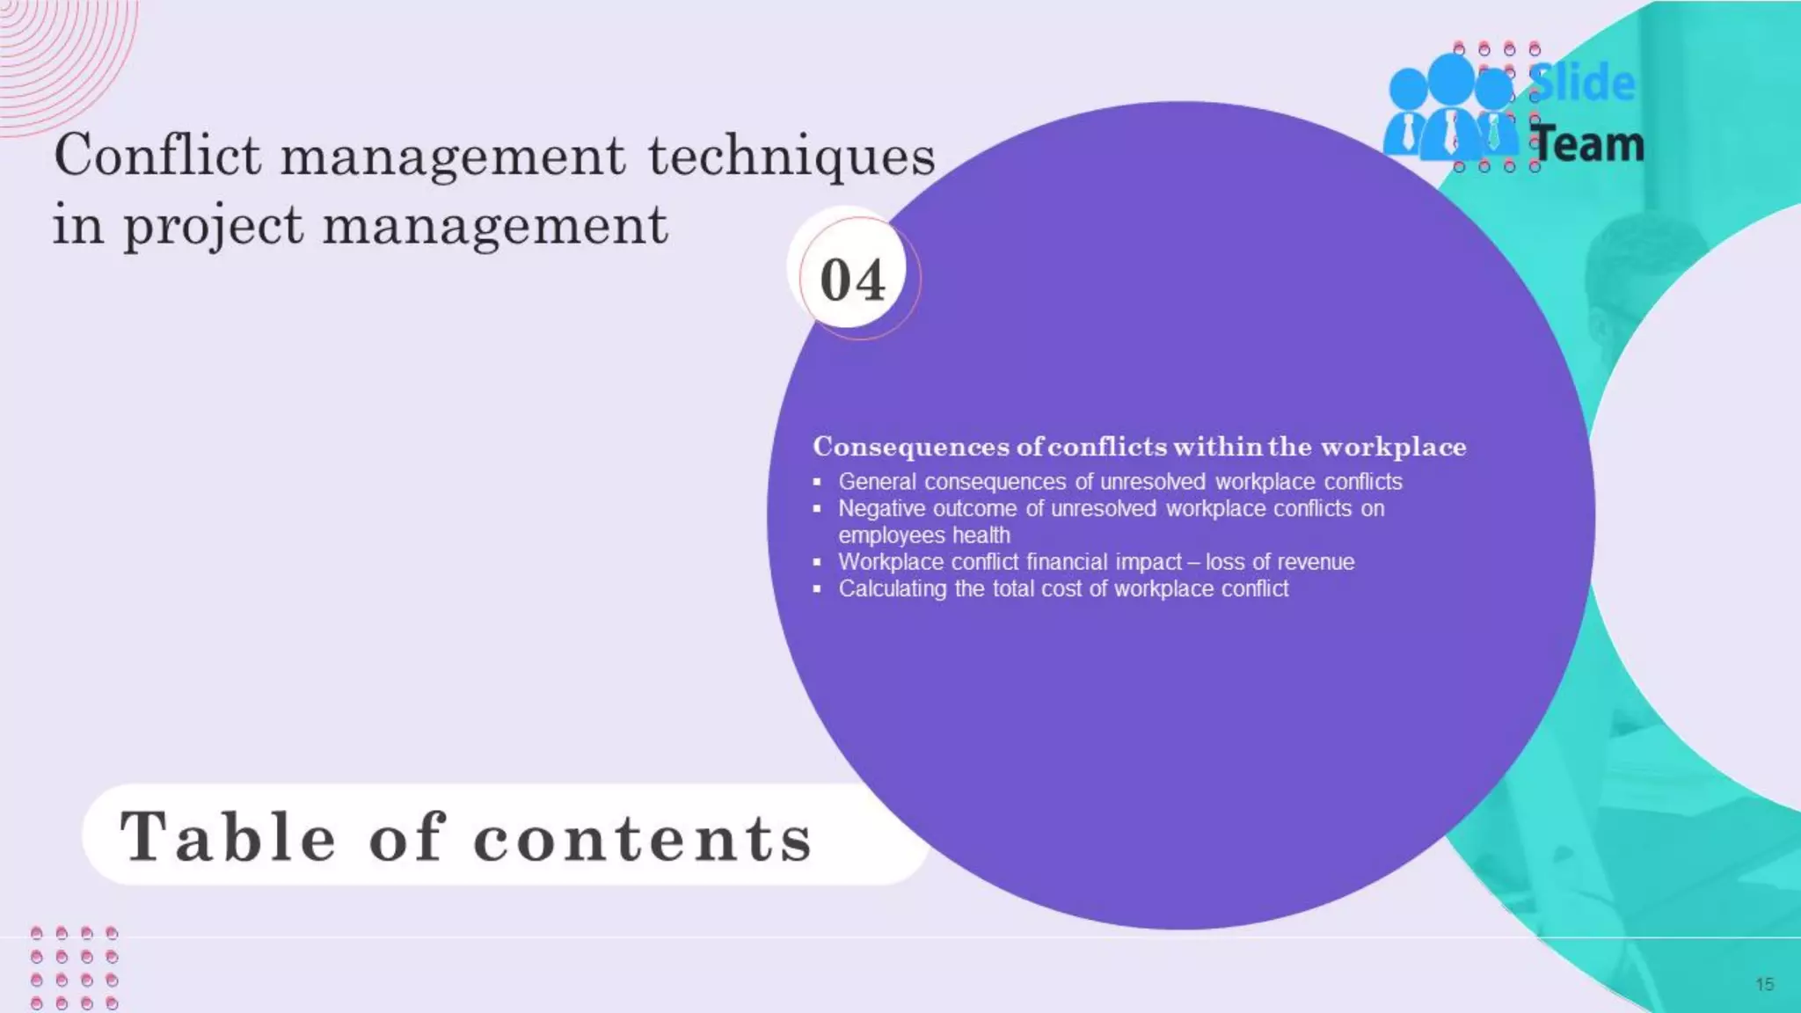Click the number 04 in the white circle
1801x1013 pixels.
tap(852, 281)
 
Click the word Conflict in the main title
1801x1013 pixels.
tap(157, 156)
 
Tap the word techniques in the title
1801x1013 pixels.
tap(791, 156)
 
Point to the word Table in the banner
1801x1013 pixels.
tap(228, 836)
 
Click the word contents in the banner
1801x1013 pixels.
tap(643, 838)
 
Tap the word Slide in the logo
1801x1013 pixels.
tap(1582, 83)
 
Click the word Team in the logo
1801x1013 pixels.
tap(1587, 143)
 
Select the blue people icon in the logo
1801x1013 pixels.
tap(1449, 108)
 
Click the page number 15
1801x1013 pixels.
tap(1764, 984)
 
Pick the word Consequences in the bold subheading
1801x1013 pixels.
tap(911, 447)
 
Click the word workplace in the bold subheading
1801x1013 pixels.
tap(1393, 447)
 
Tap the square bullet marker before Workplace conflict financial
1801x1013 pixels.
tap(817, 562)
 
